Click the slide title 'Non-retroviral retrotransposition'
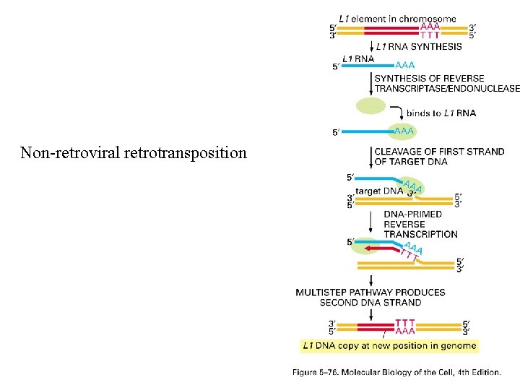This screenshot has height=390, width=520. tap(134, 153)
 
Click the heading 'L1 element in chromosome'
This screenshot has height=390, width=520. tap(397, 19)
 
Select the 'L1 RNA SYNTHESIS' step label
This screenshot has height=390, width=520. tap(419, 47)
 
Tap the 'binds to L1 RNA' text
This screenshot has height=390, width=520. tap(441, 113)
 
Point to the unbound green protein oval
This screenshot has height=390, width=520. tap(371, 105)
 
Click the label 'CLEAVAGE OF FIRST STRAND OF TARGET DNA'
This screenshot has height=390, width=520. tap(439, 157)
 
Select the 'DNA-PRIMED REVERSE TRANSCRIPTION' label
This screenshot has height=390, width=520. tap(420, 224)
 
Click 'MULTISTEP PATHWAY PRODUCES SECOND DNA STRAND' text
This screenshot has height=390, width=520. tap(370, 297)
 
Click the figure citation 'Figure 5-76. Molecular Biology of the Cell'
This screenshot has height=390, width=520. tap(396, 373)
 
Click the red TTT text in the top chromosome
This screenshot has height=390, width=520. tap(430, 35)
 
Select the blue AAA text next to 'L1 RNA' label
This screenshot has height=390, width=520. tap(404, 65)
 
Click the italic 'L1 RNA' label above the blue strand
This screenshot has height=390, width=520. tap(358, 58)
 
